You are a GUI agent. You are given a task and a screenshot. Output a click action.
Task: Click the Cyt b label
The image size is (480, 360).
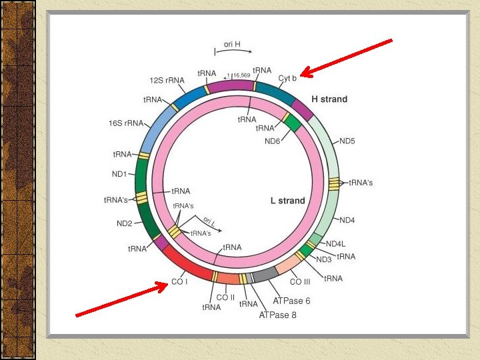coord(287,78)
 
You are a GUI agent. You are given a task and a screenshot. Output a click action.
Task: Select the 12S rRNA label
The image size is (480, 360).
coord(167,80)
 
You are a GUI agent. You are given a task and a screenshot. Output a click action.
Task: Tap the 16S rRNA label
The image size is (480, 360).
coord(126,123)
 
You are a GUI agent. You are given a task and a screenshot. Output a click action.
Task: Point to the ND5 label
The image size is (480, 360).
coord(347,141)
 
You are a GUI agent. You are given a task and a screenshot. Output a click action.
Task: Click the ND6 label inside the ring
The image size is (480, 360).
coord(273,141)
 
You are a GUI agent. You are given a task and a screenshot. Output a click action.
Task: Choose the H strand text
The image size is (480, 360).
coord(329,99)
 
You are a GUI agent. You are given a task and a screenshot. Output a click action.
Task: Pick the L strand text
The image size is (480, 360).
coord(287,201)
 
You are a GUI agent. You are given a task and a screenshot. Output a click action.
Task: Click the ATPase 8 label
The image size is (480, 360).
coord(278,315)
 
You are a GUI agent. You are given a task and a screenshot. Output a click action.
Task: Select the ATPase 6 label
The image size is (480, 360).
coord(291,301)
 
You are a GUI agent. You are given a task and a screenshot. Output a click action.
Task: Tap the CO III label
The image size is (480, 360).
coord(301,282)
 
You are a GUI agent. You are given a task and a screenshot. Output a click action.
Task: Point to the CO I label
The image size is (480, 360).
coord(179,282)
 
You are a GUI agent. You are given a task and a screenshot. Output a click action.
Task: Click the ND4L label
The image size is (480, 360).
coord(338,244)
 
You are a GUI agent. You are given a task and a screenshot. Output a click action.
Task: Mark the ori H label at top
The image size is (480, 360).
coord(232,44)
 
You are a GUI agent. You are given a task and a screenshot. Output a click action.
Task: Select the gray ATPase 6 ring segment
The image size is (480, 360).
coord(265,273)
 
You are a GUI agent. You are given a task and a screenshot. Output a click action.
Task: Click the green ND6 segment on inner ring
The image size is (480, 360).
coord(291,123)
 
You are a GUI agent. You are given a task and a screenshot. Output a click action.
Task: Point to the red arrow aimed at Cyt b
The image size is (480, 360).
coord(346,57)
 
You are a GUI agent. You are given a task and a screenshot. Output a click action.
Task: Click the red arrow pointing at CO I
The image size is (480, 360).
coord(121,299)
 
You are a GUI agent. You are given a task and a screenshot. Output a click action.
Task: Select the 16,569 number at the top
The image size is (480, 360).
coord(241,75)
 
